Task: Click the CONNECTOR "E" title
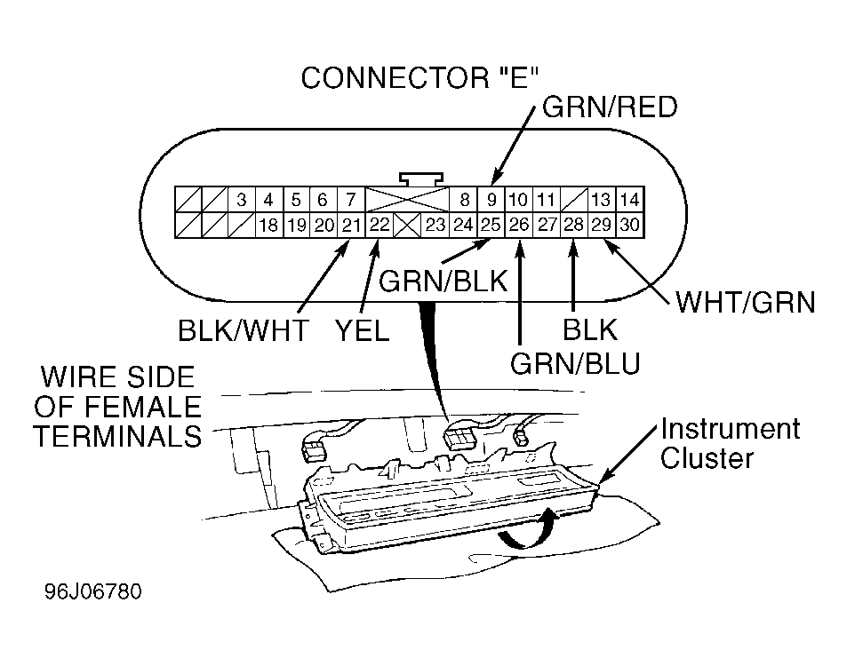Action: tap(420, 78)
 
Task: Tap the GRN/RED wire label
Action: tap(610, 107)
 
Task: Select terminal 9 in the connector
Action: tap(491, 200)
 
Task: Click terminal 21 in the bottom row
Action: tap(352, 225)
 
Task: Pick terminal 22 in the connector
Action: tap(380, 225)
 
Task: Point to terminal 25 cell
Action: tap(491, 225)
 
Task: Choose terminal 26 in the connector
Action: tap(519, 225)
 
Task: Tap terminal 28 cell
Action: tap(573, 225)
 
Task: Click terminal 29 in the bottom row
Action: tap(601, 225)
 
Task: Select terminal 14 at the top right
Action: tap(630, 200)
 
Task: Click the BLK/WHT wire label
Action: tap(244, 330)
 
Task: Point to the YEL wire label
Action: tap(362, 330)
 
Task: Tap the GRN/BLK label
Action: tap(443, 281)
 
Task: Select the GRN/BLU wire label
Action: tap(575, 363)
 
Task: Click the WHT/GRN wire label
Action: tap(746, 302)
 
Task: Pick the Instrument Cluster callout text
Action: tap(730, 444)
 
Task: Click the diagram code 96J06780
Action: tap(93, 591)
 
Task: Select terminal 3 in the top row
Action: tap(242, 200)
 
